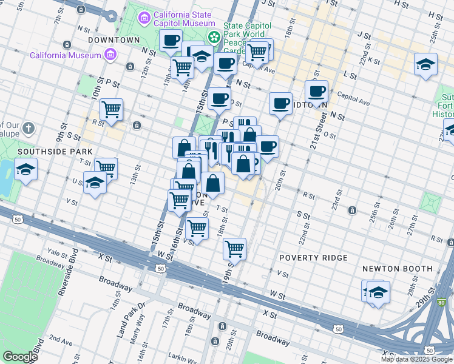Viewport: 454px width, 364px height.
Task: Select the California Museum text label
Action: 65,55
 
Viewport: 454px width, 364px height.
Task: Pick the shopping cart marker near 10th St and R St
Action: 111,110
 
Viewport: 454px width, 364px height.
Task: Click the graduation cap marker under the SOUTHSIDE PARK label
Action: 26,169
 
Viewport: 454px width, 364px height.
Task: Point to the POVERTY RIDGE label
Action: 313,258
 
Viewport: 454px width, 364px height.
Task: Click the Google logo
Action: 20,357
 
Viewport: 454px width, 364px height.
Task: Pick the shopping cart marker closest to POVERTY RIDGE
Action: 234,248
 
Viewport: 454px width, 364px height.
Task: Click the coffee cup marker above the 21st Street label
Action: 316,92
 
